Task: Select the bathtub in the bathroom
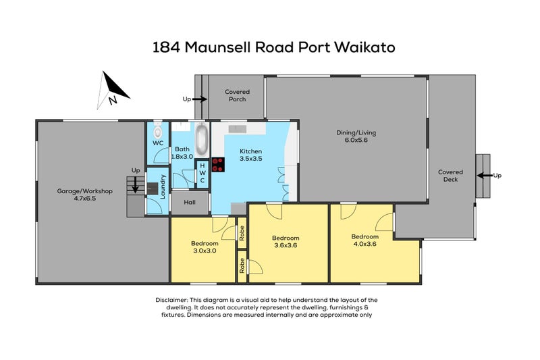(x=201, y=139)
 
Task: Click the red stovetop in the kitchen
(x=218, y=165)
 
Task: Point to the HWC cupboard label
(x=202, y=173)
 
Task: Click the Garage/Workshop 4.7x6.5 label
(x=85, y=195)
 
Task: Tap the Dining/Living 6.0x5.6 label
(x=356, y=136)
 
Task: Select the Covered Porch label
(x=238, y=95)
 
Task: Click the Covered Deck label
(x=450, y=176)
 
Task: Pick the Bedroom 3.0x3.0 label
(x=205, y=247)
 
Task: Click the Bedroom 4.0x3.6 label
(x=364, y=240)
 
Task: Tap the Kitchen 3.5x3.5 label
(x=250, y=155)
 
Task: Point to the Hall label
(x=190, y=202)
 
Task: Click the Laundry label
(x=163, y=186)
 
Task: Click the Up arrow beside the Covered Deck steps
(x=485, y=176)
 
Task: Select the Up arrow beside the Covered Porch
(x=199, y=99)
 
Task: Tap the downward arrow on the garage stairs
(x=136, y=184)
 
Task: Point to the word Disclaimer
(x=171, y=300)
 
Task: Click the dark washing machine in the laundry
(x=153, y=188)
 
